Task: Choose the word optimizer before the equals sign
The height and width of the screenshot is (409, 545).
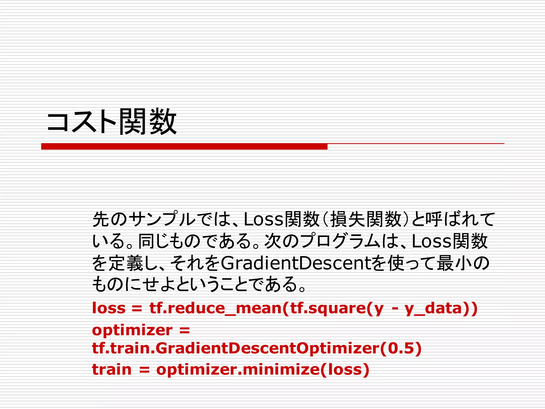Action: [132, 330]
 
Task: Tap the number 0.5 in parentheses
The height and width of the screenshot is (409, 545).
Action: [401, 348]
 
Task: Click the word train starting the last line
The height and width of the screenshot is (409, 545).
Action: [112, 370]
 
